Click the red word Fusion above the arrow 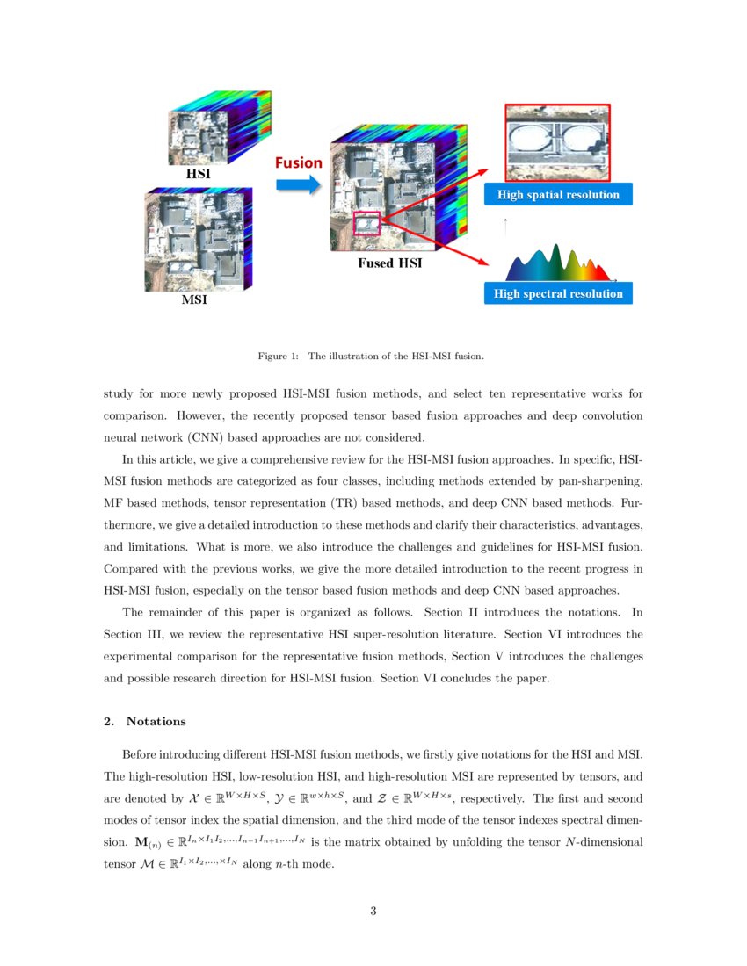pos(299,162)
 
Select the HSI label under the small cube pos(198,174)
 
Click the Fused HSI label pos(389,263)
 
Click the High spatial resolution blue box pos(558,195)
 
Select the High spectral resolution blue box pos(558,293)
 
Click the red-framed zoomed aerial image pos(557,142)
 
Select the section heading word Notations pos(156,722)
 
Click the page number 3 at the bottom pos(373,911)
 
